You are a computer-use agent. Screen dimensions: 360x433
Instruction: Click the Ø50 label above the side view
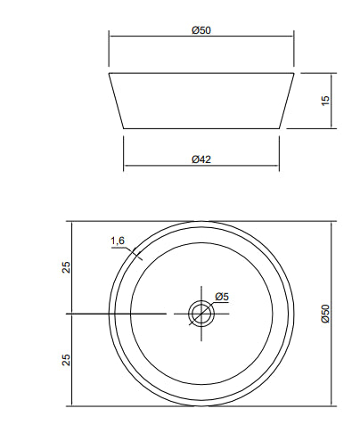click(x=201, y=30)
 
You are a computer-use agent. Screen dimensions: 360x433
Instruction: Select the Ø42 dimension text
click(x=201, y=159)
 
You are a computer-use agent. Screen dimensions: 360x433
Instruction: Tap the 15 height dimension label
click(x=325, y=101)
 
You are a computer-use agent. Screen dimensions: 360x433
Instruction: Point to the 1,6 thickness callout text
click(x=118, y=241)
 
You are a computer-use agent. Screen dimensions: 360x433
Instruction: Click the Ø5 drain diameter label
click(x=222, y=297)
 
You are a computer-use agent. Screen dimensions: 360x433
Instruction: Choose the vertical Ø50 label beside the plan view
click(x=325, y=314)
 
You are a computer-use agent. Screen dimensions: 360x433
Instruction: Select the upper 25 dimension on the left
click(x=66, y=267)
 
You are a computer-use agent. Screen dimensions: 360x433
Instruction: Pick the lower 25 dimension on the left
click(x=66, y=360)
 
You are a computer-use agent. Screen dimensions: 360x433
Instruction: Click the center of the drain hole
click(x=201, y=314)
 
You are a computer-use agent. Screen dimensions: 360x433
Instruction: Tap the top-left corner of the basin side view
click(x=109, y=73)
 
